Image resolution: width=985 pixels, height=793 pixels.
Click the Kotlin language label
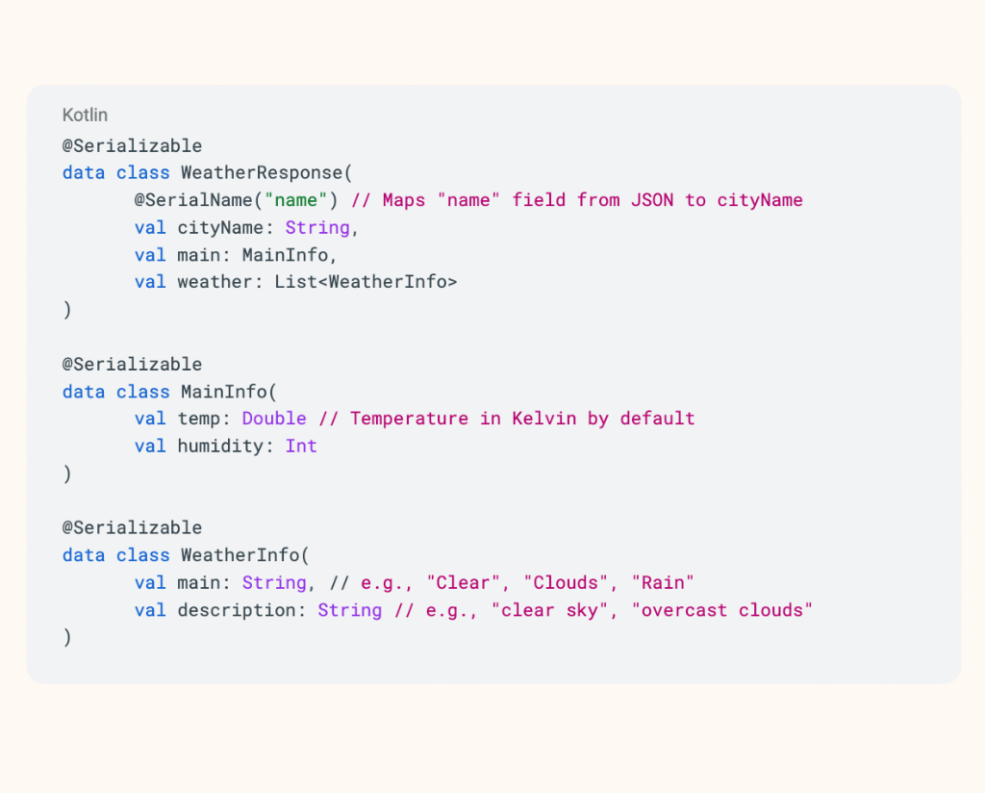85,115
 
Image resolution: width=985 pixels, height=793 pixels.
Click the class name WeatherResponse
262,173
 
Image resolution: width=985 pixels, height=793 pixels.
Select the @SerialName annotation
193,200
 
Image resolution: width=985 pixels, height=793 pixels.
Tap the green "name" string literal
296,200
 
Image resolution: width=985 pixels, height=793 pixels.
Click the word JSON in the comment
652,200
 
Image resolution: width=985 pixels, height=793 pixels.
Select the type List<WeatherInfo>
366,282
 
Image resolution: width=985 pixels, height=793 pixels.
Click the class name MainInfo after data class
223,392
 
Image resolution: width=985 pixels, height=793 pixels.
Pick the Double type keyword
274,419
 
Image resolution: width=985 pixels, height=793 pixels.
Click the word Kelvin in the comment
544,419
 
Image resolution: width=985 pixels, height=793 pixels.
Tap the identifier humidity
220,447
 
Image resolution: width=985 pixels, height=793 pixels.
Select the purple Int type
301,447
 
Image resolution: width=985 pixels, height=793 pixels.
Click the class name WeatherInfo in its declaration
240,555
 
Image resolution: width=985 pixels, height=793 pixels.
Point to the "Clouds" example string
566,583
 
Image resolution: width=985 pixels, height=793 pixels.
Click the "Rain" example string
663,583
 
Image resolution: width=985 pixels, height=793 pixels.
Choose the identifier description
237,611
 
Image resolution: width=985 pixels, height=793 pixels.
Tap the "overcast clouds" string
722,611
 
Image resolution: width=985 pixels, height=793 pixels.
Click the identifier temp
198,420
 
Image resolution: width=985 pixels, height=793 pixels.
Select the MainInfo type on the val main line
285,255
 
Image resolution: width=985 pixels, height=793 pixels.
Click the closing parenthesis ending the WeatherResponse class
67,310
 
